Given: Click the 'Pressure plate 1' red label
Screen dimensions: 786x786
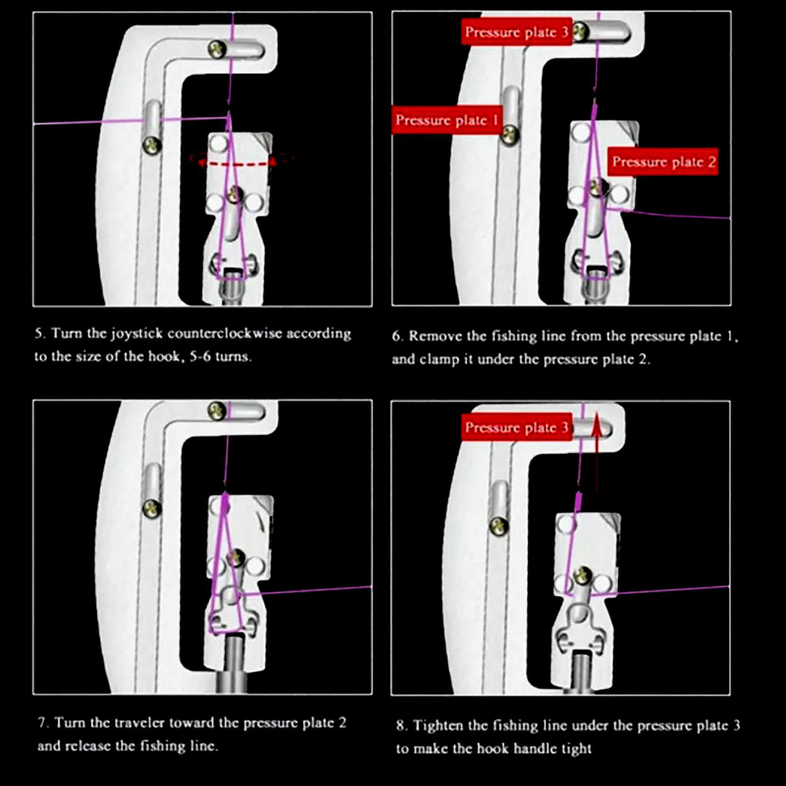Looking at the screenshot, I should coord(447,120).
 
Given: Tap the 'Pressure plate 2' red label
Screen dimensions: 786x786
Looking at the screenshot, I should coord(663,162).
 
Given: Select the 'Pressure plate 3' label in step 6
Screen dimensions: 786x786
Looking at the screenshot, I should coord(516,32).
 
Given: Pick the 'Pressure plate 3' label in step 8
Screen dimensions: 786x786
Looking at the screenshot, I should coord(516,427).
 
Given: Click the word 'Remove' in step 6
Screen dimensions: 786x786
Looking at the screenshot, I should coord(436,337).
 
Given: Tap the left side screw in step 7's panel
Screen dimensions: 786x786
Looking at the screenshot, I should coord(152,508).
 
